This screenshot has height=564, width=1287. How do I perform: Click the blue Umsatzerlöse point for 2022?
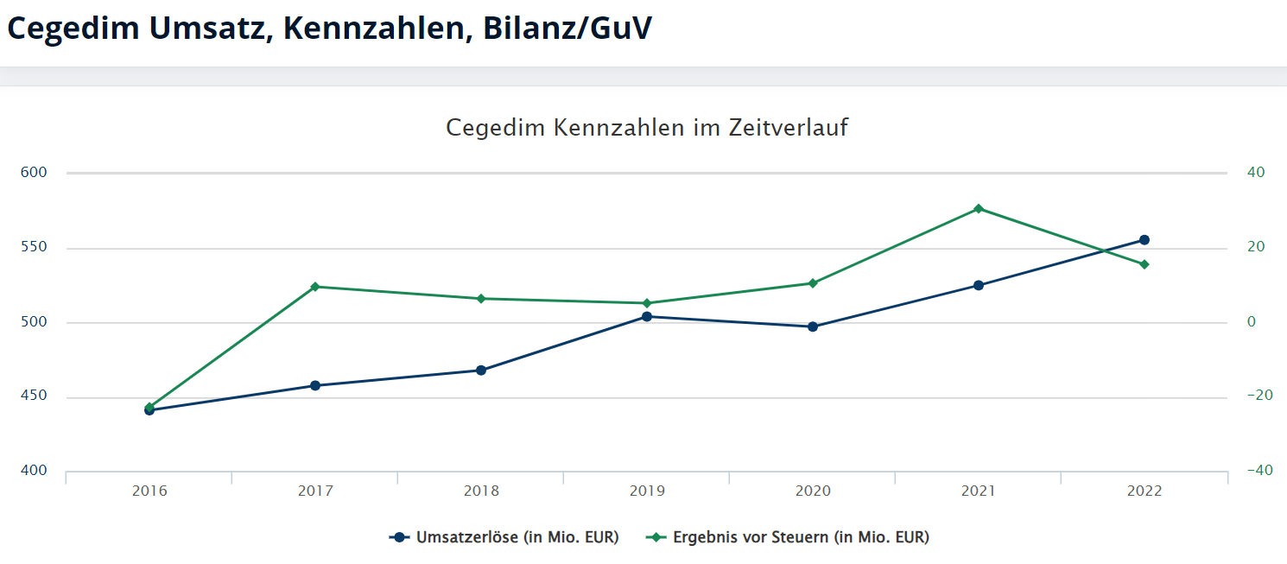(x=1144, y=240)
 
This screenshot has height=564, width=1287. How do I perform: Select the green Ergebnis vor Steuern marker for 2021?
(x=979, y=208)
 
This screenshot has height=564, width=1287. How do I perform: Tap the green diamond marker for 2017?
(x=315, y=287)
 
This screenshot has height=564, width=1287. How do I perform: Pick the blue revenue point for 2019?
(x=647, y=316)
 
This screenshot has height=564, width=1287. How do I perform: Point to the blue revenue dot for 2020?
(x=813, y=326)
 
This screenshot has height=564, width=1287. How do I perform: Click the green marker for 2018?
(x=481, y=299)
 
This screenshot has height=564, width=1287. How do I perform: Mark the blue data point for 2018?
(x=481, y=370)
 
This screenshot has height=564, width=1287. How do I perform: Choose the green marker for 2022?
(x=1144, y=264)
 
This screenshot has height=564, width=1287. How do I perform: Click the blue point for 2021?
(x=979, y=285)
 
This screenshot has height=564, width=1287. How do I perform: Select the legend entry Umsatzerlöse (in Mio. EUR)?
(x=517, y=537)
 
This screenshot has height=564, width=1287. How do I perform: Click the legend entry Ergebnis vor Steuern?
(x=800, y=537)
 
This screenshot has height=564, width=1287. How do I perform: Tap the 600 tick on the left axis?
(x=33, y=173)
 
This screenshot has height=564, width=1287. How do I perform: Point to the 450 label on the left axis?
(x=33, y=397)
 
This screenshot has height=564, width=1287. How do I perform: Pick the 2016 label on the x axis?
(x=149, y=491)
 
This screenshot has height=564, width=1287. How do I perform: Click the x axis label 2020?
(x=813, y=491)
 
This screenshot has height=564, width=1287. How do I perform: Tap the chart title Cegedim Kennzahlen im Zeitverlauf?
(x=647, y=128)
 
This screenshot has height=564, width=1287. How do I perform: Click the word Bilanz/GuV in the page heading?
(x=567, y=28)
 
